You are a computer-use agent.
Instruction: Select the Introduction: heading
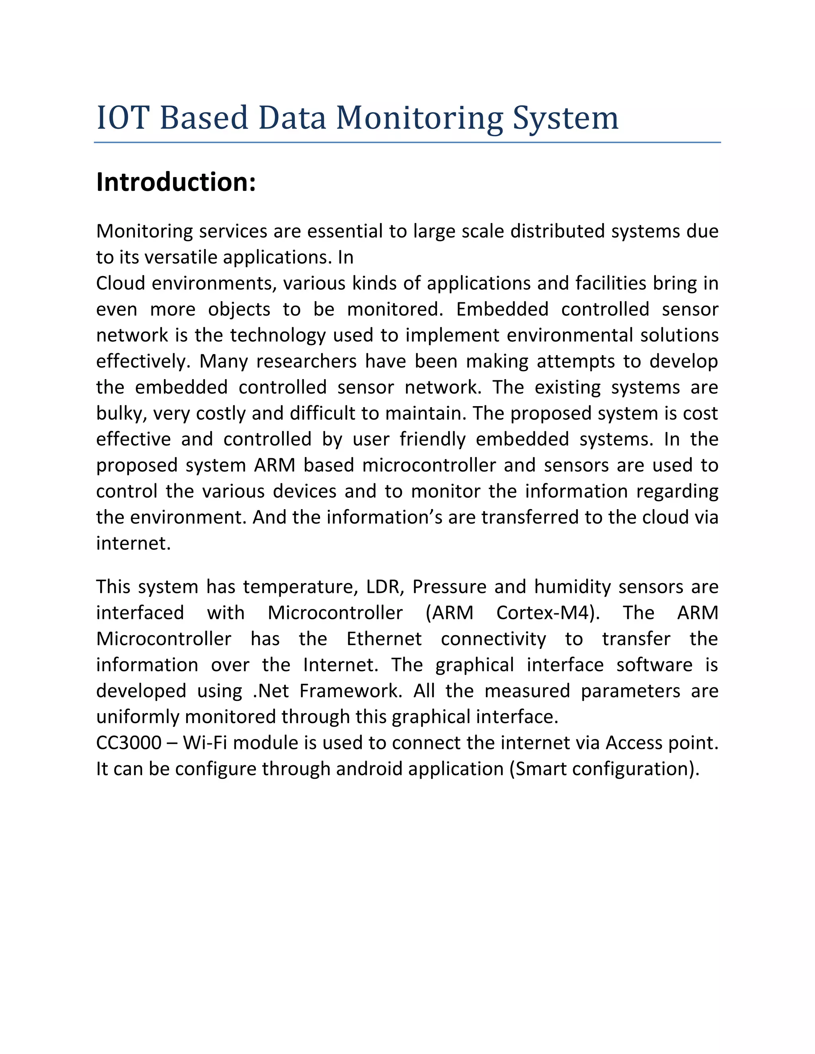tap(176, 183)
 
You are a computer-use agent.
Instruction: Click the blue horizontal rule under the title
tap(407, 143)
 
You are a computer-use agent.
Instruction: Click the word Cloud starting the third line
tap(121, 283)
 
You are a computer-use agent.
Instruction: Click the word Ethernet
tap(384, 639)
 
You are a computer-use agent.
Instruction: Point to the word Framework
tap(351, 691)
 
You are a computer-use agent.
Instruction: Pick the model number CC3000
tap(129, 743)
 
